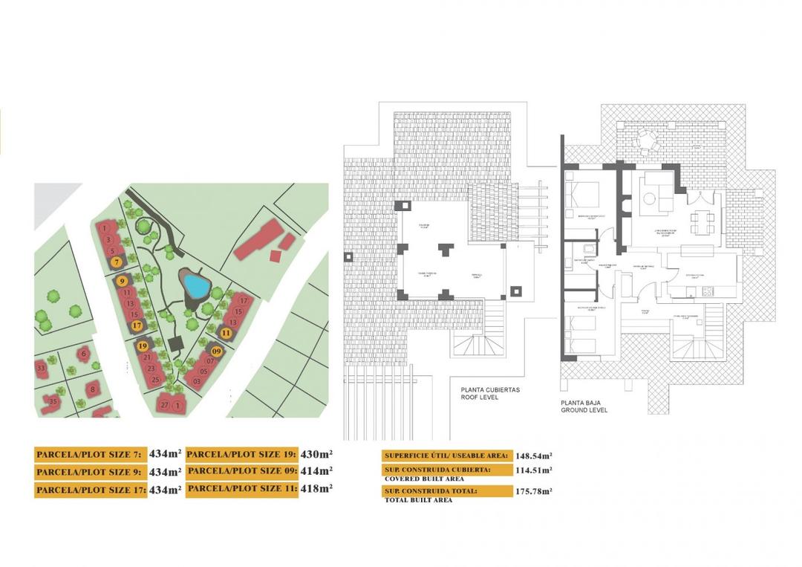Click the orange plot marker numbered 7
[x=117, y=262]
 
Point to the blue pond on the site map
[x=195, y=284]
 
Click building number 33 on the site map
[x=41, y=368]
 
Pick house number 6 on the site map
[x=84, y=354]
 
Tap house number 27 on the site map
[x=164, y=405]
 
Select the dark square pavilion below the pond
[x=177, y=344]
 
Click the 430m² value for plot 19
[x=315, y=453]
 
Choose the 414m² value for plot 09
[x=315, y=470]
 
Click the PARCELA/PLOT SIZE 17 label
[x=89, y=490]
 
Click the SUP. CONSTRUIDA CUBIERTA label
[x=437, y=470]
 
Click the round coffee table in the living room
[x=648, y=198]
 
